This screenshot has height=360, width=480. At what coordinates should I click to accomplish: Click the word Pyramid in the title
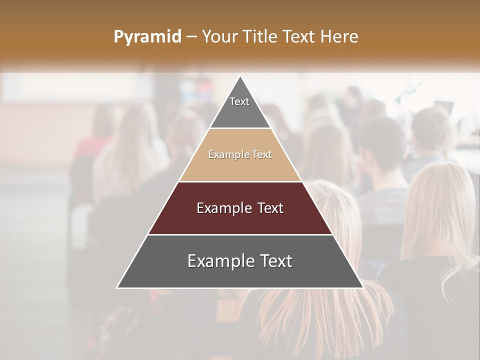(x=147, y=36)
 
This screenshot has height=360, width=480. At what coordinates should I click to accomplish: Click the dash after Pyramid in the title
(x=191, y=37)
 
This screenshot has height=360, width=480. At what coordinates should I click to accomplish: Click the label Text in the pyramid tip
(x=239, y=101)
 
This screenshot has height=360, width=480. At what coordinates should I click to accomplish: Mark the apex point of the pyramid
(x=240, y=76)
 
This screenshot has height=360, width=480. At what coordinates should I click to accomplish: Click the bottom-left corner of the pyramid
(x=117, y=287)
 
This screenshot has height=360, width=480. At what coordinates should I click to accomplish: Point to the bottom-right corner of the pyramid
(x=362, y=287)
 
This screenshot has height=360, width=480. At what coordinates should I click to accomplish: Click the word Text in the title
(x=300, y=36)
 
